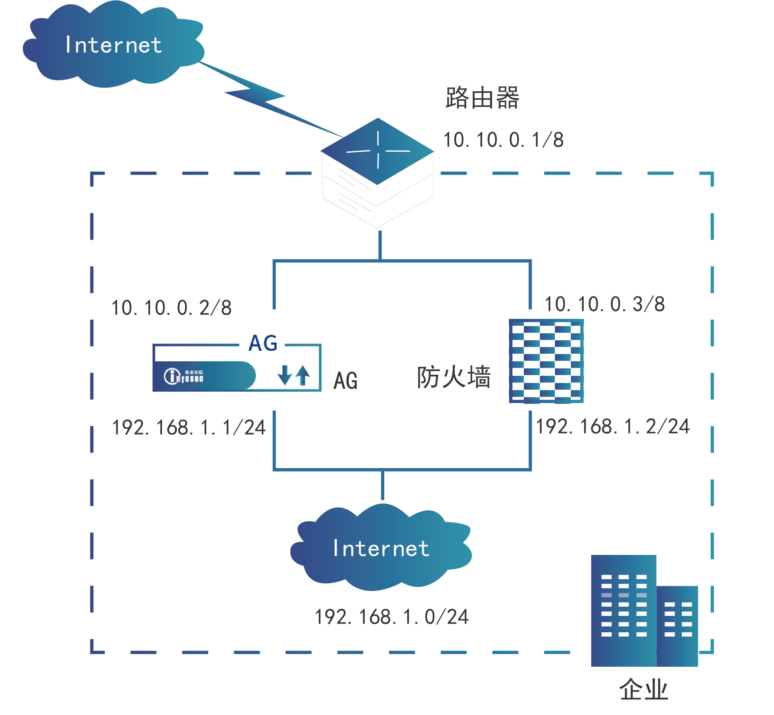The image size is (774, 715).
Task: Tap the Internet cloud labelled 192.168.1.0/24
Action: pyautogui.click(x=381, y=548)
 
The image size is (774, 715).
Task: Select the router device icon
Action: pyautogui.click(x=377, y=172)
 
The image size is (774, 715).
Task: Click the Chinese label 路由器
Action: pyautogui.click(x=482, y=98)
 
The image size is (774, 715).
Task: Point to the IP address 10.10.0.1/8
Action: pyautogui.click(x=503, y=140)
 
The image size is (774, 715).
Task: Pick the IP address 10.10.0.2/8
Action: pyautogui.click(x=171, y=308)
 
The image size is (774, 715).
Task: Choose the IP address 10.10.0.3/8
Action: pyautogui.click(x=604, y=304)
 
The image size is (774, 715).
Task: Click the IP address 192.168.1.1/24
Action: pyautogui.click(x=189, y=428)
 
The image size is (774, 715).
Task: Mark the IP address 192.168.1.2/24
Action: pyautogui.click(x=612, y=427)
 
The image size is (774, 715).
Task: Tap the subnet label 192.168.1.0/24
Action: pyautogui.click(x=392, y=617)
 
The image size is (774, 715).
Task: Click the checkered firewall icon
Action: pyautogui.click(x=546, y=361)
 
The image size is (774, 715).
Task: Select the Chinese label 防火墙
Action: pyautogui.click(x=454, y=377)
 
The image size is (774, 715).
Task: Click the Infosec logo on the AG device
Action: pyautogui.click(x=184, y=376)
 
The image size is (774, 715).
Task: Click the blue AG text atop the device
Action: pyautogui.click(x=263, y=343)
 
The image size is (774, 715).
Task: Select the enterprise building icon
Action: pyautogui.click(x=644, y=611)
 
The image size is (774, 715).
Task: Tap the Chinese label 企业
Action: pyautogui.click(x=644, y=690)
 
